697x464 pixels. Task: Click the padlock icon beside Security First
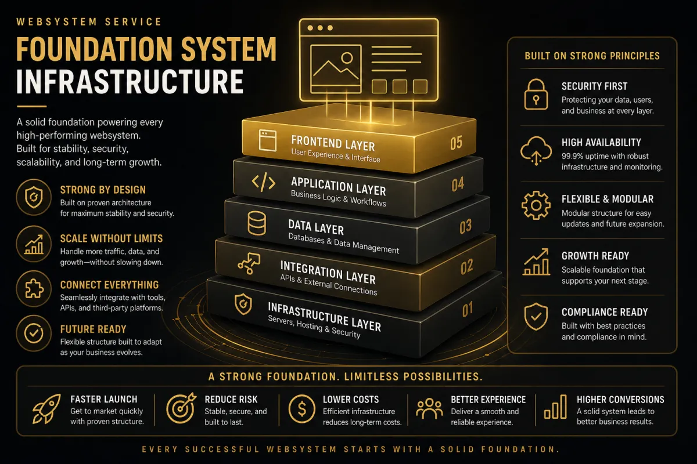click(x=536, y=95)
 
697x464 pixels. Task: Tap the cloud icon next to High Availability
click(x=536, y=151)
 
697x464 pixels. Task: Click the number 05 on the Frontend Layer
click(x=456, y=142)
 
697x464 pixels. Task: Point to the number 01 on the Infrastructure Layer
click(x=468, y=310)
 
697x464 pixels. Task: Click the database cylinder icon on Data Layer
click(x=256, y=223)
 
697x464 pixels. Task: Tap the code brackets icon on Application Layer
click(x=263, y=183)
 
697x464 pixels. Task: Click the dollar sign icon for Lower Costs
click(x=302, y=409)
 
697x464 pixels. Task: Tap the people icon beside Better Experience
click(x=429, y=409)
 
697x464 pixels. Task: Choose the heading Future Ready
click(x=94, y=329)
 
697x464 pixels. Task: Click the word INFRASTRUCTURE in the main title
click(x=129, y=81)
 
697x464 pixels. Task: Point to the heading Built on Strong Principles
click(x=592, y=56)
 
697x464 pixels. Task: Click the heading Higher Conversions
click(x=620, y=400)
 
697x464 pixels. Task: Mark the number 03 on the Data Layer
click(x=465, y=226)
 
